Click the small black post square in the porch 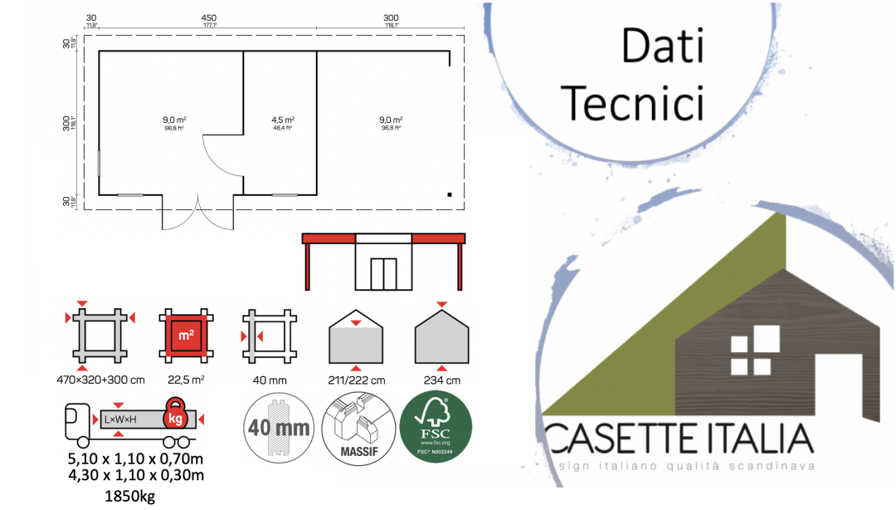click(x=449, y=194)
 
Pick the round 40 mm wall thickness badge click(x=278, y=427)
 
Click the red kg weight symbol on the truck click(x=175, y=418)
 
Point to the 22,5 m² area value click(x=187, y=380)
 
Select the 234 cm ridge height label click(x=441, y=380)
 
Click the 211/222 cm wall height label click(x=356, y=380)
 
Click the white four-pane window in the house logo click(x=754, y=351)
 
